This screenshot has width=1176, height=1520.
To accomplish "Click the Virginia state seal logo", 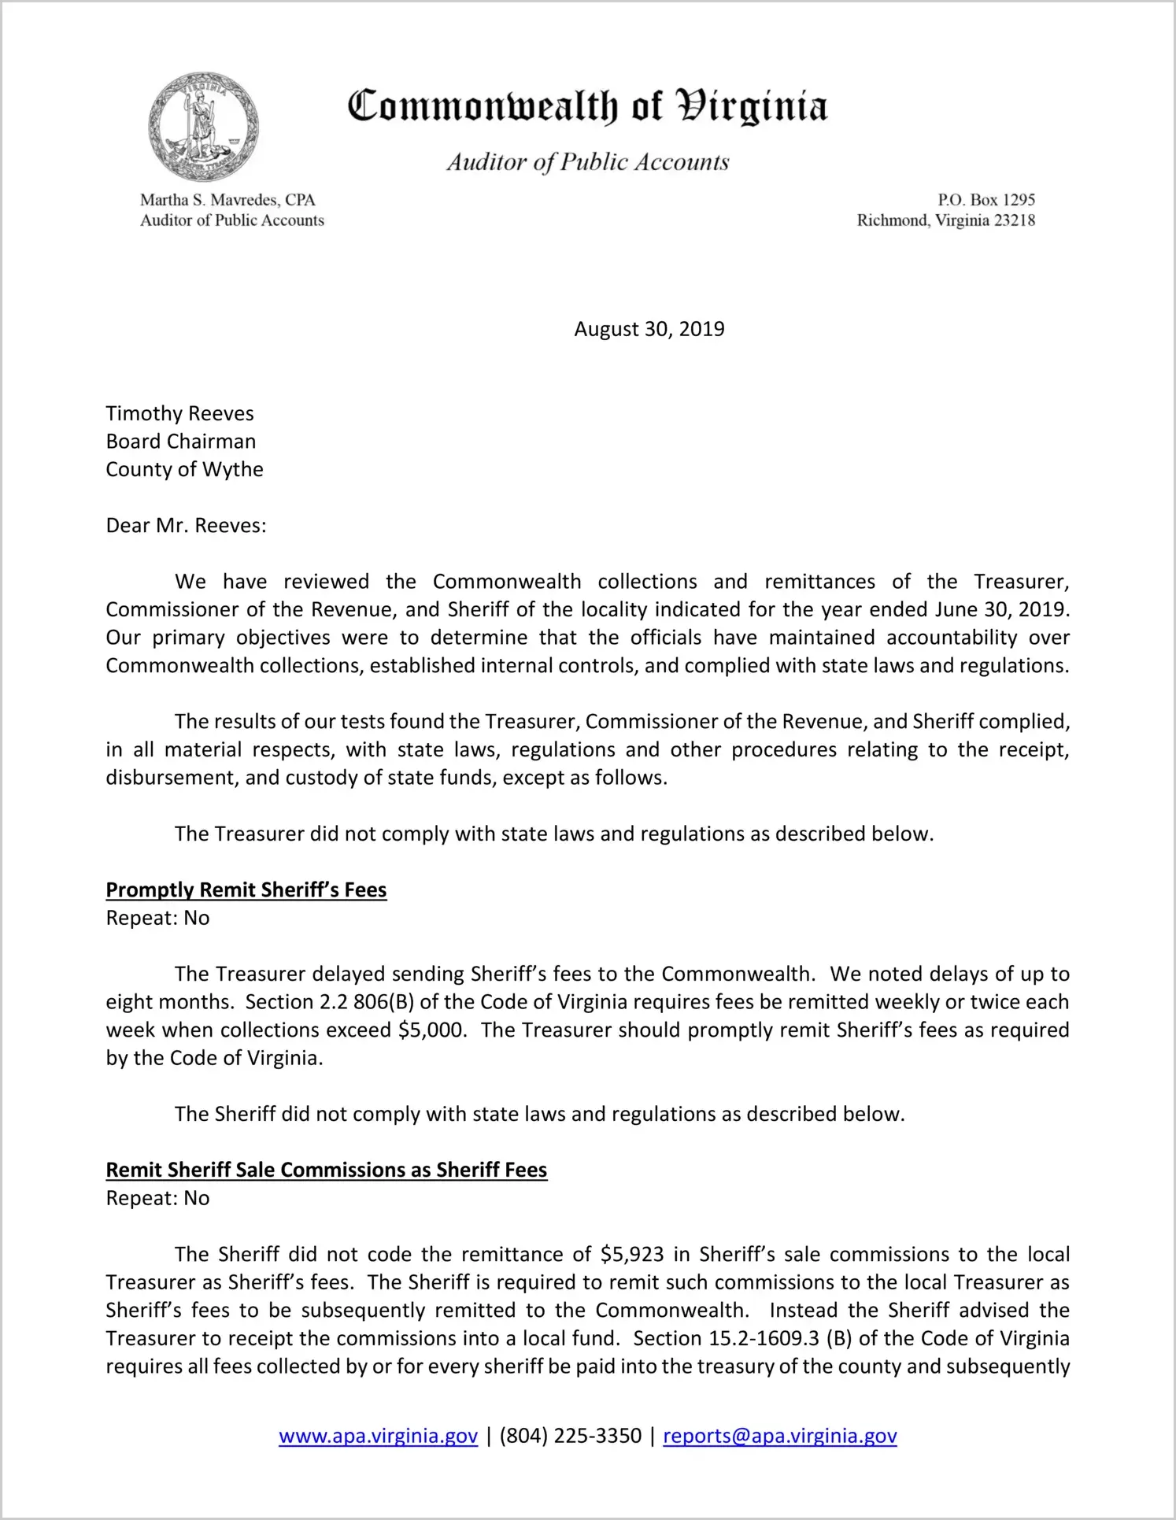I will [203, 127].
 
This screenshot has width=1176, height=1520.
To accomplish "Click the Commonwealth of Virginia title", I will [587, 106].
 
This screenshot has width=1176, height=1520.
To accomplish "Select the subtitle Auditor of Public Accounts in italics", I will [588, 162].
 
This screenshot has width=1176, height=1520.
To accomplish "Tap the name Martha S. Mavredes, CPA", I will [227, 200].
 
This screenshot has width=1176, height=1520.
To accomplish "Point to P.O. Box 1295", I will [986, 200].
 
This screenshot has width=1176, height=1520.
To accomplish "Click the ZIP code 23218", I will [1014, 220].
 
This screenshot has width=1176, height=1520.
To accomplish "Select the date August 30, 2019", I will [649, 329].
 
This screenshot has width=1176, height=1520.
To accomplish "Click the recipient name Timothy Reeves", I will [180, 413].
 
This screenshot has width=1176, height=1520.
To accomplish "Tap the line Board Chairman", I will [181, 441].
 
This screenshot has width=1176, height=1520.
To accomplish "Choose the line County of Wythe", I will [185, 469].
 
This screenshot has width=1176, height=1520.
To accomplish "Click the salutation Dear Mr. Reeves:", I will [187, 525].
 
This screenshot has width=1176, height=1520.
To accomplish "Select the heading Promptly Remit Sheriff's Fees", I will [246, 889].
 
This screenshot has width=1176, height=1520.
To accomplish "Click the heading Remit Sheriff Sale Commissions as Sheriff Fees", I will [327, 1170].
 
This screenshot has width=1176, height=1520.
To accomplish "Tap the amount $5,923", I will [632, 1254].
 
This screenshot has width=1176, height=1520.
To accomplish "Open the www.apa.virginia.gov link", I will [379, 1436].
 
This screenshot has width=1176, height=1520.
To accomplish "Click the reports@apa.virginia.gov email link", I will [780, 1436].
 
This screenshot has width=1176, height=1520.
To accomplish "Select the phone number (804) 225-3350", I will [571, 1436].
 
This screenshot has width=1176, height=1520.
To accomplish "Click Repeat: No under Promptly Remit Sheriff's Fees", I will [158, 918].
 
